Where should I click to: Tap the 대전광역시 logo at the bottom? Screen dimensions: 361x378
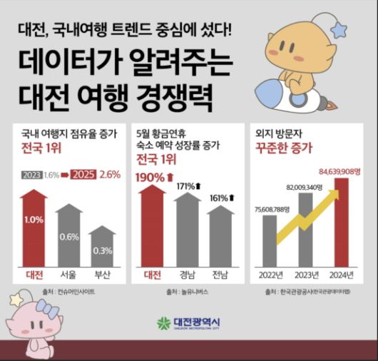pos(189,323)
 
